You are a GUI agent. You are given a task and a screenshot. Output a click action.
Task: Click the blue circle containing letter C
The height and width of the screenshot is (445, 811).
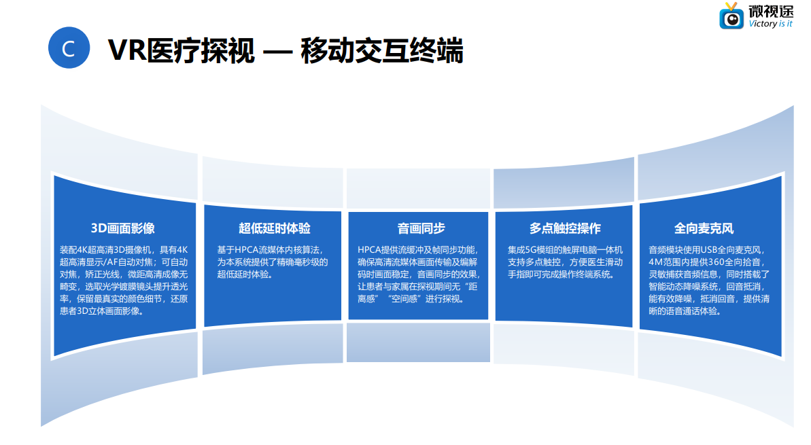point(69,48)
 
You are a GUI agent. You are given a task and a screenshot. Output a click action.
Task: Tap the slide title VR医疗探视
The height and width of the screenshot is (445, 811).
point(182,50)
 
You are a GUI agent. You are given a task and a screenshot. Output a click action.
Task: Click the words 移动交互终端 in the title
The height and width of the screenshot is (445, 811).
point(381,50)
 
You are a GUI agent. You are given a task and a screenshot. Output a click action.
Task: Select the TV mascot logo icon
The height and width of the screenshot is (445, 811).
point(731,16)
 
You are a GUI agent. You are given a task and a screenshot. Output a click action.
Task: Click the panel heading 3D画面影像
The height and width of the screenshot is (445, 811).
point(123,228)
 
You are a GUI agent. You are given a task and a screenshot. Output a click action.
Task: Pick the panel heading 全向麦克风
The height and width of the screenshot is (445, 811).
point(704,228)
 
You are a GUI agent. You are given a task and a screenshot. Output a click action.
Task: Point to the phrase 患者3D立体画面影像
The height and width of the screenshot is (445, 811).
point(101,311)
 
